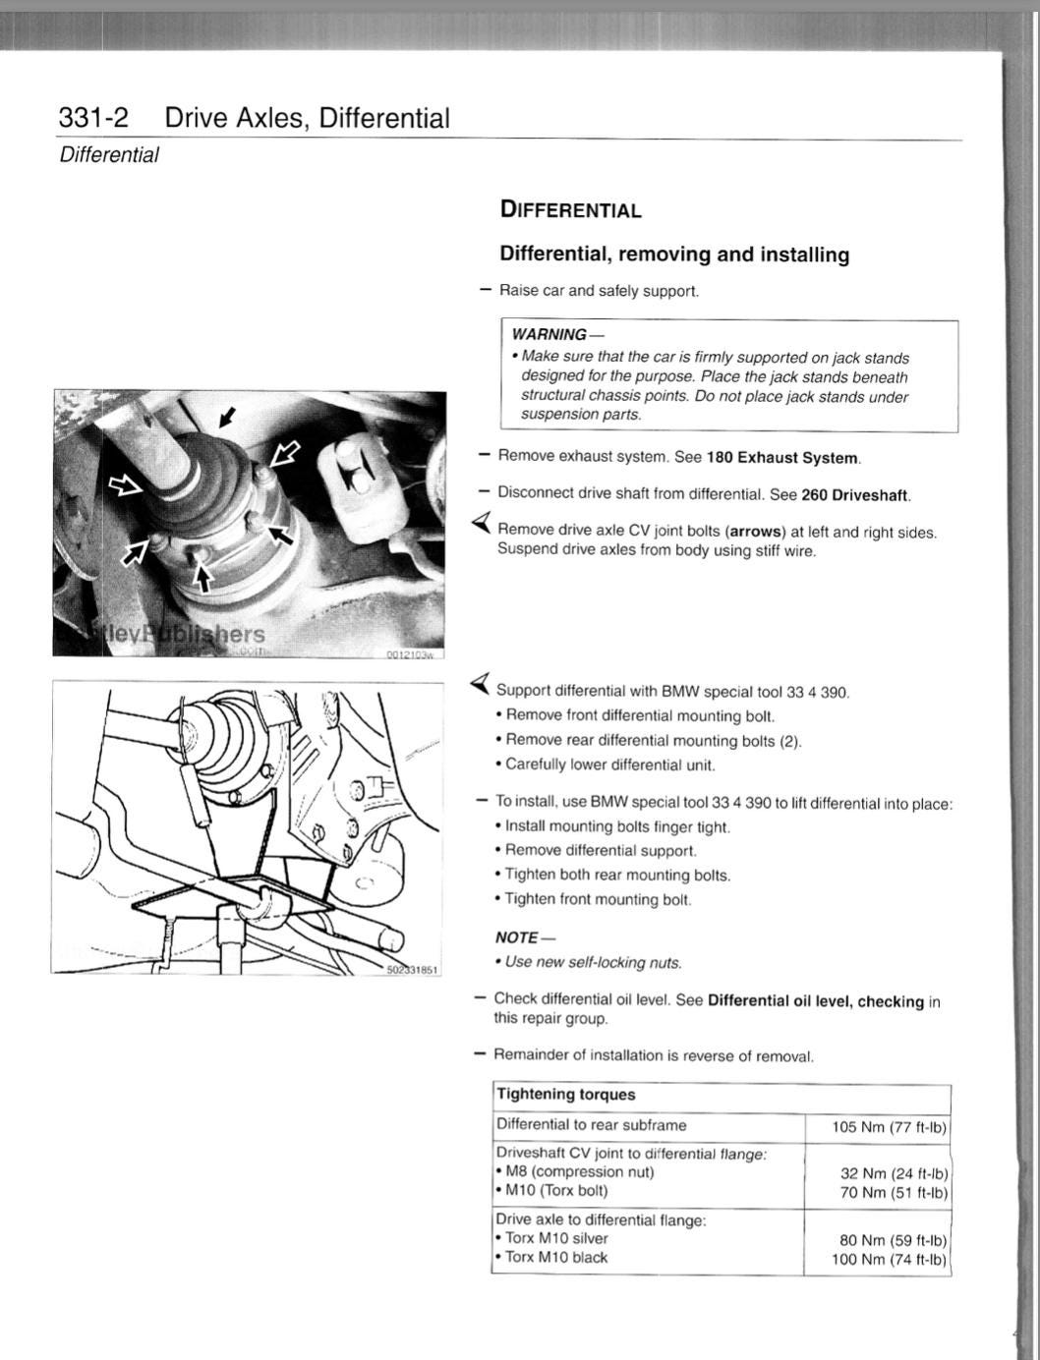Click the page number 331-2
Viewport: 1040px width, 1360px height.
[x=93, y=118]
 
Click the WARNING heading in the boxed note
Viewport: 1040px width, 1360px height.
[x=549, y=334]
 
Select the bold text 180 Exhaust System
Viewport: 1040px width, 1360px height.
[x=782, y=458]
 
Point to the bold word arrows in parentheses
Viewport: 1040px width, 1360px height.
[x=755, y=532]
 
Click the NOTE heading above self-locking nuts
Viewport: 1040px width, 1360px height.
[x=517, y=937]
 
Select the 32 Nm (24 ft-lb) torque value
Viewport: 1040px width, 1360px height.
[x=894, y=1173]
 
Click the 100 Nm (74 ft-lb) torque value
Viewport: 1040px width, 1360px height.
[x=889, y=1259]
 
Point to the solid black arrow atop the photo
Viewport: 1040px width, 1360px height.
[x=228, y=417]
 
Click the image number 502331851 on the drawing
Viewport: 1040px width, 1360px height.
[x=413, y=969]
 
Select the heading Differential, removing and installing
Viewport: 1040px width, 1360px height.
[x=674, y=255]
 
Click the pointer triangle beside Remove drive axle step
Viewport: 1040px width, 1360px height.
[x=482, y=523]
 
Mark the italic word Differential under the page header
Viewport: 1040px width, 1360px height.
[x=109, y=155]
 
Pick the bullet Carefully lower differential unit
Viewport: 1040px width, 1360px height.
[x=609, y=765]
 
